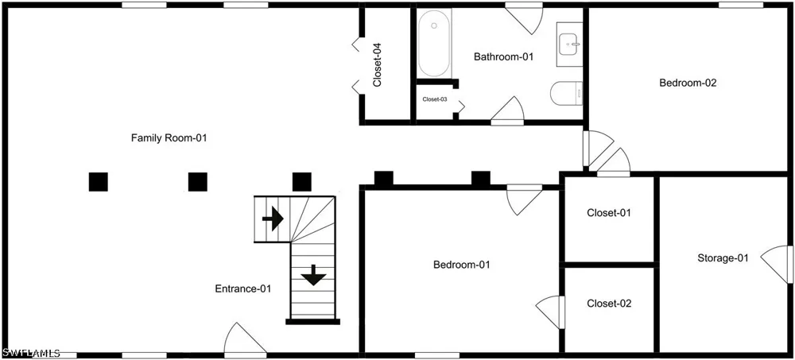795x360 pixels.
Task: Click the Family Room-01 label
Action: tap(169, 137)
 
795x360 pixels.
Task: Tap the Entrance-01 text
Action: tap(243, 289)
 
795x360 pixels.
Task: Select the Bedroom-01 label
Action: tap(462, 264)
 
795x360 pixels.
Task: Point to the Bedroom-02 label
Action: tap(688, 83)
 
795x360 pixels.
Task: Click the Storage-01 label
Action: tap(723, 258)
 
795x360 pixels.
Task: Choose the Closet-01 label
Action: tap(609, 213)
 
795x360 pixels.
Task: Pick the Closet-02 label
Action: tap(609, 304)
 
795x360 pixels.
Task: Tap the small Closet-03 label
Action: tap(435, 99)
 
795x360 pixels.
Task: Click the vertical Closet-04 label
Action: tap(377, 65)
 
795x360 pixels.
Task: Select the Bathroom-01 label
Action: tap(504, 56)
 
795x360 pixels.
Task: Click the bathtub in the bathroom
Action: tap(434, 44)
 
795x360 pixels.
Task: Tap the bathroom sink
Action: tap(570, 45)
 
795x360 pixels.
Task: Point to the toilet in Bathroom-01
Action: tap(566, 93)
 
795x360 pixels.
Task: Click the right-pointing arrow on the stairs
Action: tap(273, 219)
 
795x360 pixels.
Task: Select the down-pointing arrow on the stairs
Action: tap(314, 275)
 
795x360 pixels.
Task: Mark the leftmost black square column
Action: tap(99, 182)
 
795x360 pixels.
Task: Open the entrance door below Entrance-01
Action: tap(245, 339)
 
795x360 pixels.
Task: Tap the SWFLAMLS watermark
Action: tap(32, 352)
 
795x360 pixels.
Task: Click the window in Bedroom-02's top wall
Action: tap(741, 5)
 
